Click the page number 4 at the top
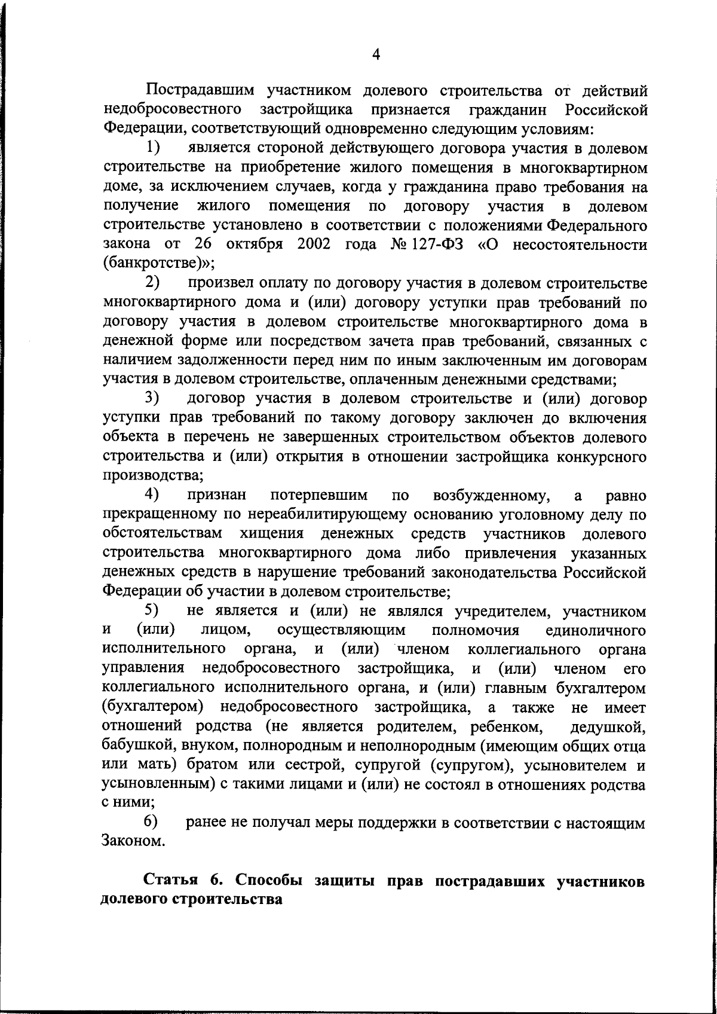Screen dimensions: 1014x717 (x=376, y=55)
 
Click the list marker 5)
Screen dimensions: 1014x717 (x=153, y=611)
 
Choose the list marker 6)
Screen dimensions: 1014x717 (x=153, y=823)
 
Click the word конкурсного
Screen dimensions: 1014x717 (x=602, y=458)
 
